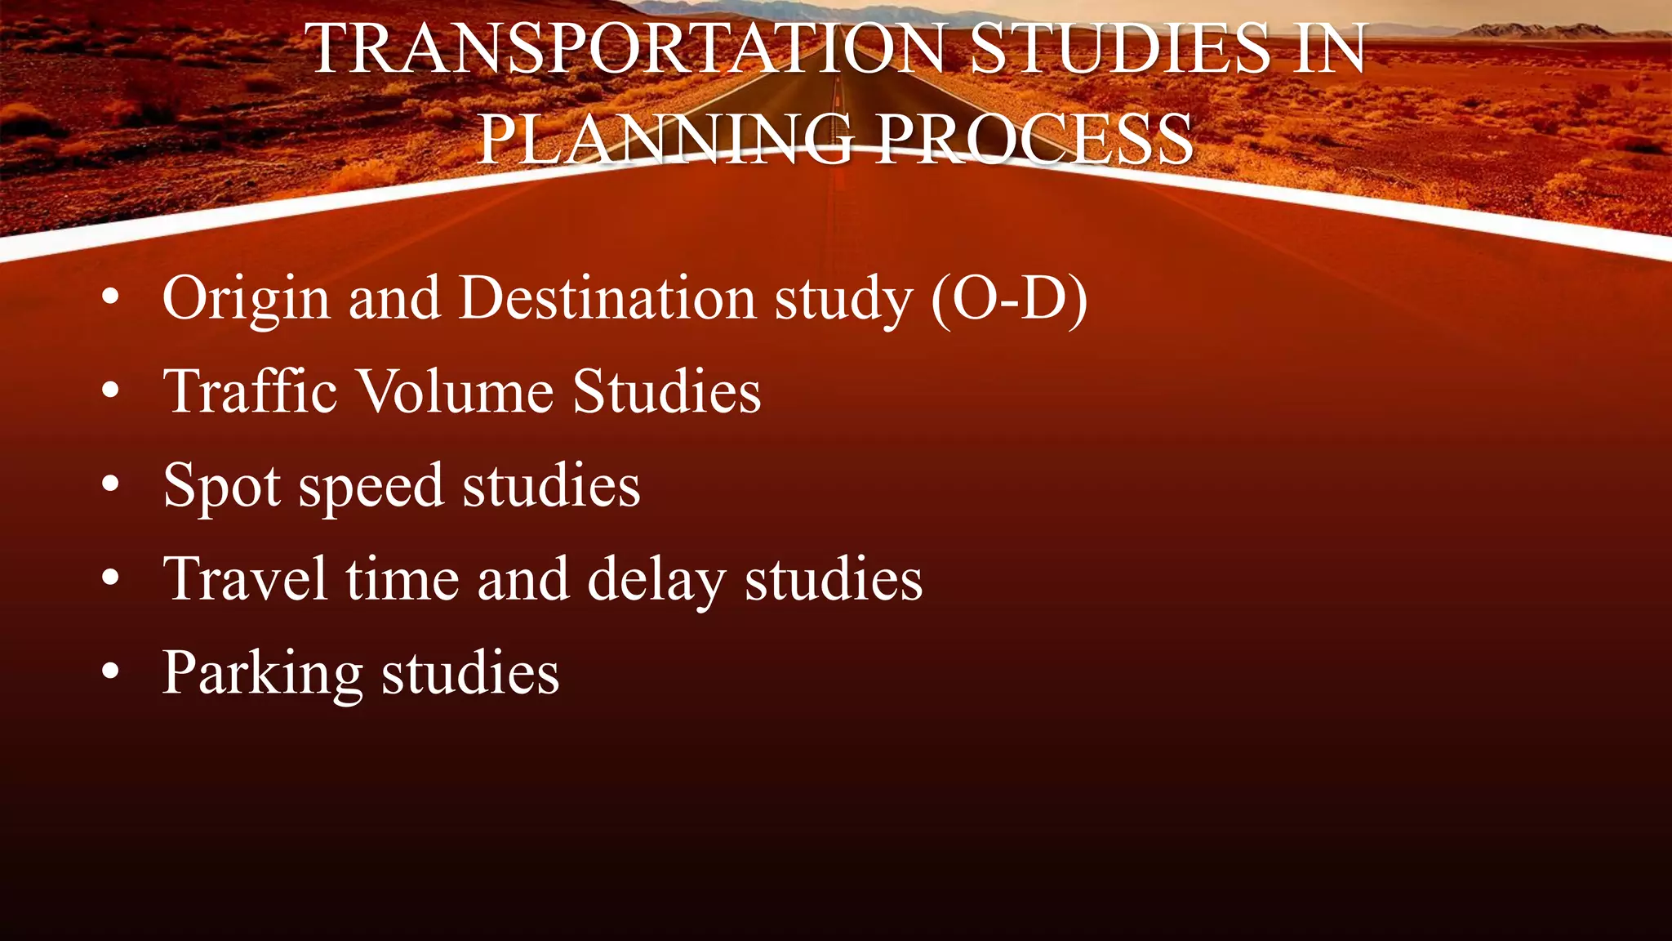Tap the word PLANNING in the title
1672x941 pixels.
coord(665,140)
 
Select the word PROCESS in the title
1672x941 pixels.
coord(1034,140)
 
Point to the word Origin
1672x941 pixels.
coord(246,299)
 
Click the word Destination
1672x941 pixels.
coord(607,297)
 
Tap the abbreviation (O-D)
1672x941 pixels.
coord(1009,299)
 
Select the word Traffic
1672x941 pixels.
coord(250,391)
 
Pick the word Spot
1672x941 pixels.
coord(222,486)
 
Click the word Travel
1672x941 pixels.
coord(246,579)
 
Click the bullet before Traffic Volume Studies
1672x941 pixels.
coord(111,392)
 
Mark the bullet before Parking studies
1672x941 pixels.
coord(111,673)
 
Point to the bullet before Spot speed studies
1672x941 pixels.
coord(111,485)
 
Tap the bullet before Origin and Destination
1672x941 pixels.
coord(111,298)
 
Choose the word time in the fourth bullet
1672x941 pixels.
coord(402,579)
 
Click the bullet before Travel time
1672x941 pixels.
coord(111,579)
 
